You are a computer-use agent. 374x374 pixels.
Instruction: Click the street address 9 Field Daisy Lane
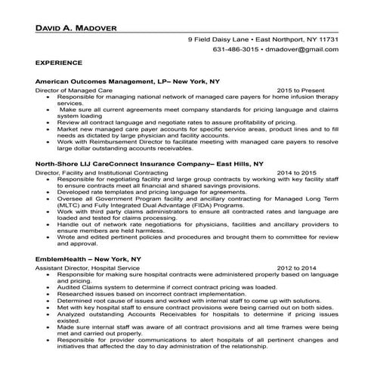(220, 39)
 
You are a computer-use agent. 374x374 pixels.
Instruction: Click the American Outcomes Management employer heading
(127, 80)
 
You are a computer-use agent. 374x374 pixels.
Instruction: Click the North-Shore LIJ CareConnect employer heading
(149, 163)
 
